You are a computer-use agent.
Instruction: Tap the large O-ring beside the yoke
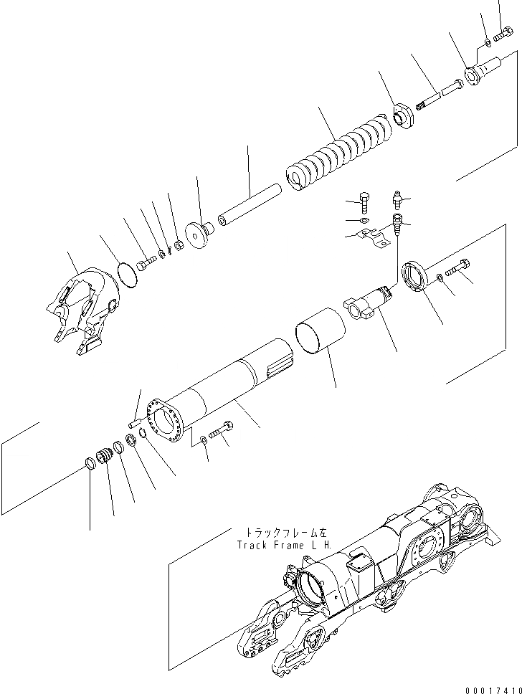tap(125, 275)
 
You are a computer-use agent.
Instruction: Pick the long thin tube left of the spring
tap(248, 207)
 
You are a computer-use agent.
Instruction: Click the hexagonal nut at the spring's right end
tap(405, 116)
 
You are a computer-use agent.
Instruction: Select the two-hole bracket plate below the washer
tap(373, 237)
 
